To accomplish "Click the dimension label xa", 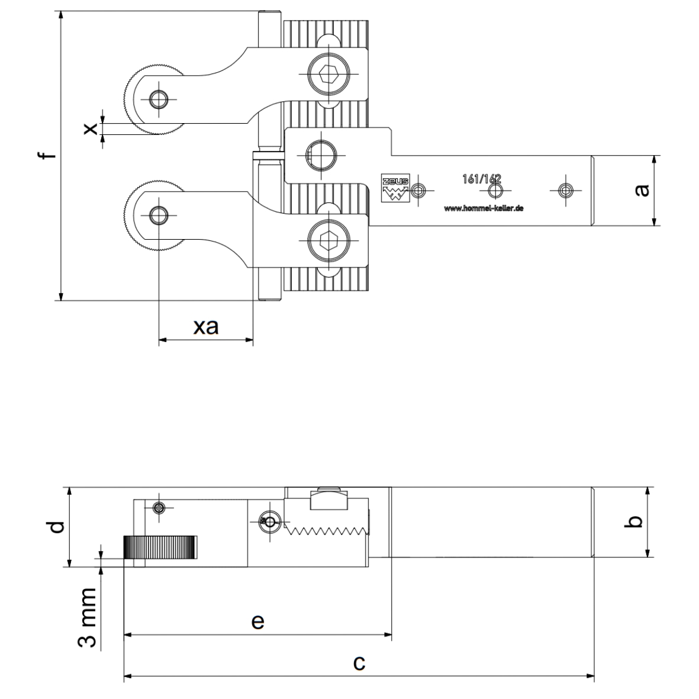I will pyautogui.click(x=206, y=326).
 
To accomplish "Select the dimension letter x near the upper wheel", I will pyautogui.click(x=91, y=128).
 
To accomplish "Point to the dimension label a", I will pyautogui.click(x=642, y=190).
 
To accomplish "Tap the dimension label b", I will pyautogui.click(x=634, y=521).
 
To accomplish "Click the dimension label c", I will pyautogui.click(x=359, y=662).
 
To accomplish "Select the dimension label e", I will pyautogui.click(x=257, y=621).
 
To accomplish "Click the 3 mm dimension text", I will pyautogui.click(x=88, y=617).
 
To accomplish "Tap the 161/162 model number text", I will pyautogui.click(x=481, y=179).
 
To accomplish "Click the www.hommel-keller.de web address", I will pyautogui.click(x=484, y=208).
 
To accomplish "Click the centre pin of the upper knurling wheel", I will pyautogui.click(x=158, y=99).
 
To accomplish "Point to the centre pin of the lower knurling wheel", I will pyautogui.click(x=158, y=215).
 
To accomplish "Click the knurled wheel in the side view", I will pyautogui.click(x=160, y=547).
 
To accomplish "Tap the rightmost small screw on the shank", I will pyautogui.click(x=566, y=190).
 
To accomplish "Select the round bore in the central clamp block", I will pyautogui.click(x=323, y=156).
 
